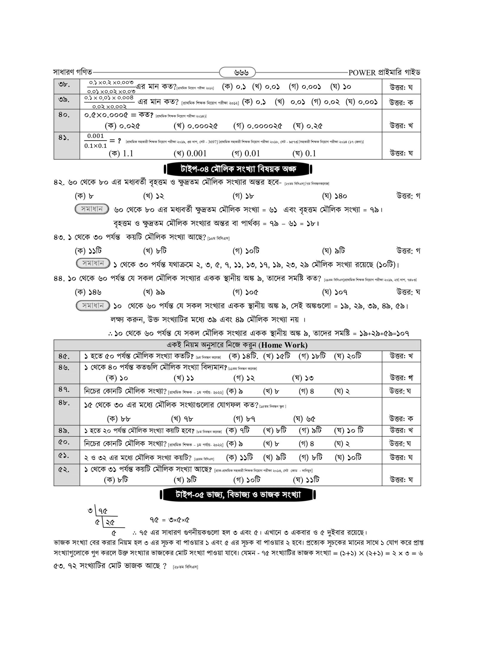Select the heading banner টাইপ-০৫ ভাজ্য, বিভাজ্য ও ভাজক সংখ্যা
click(x=238, y=495)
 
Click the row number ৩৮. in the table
click(x=64, y=85)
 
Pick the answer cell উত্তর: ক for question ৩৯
click(x=401, y=102)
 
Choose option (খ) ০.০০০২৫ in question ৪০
click(x=196, y=126)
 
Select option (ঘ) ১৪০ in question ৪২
click(x=334, y=196)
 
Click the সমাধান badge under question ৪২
click(x=92, y=209)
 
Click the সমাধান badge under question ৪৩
click(x=93, y=264)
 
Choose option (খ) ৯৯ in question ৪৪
click(x=154, y=292)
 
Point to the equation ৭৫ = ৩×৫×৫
click(x=170, y=520)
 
